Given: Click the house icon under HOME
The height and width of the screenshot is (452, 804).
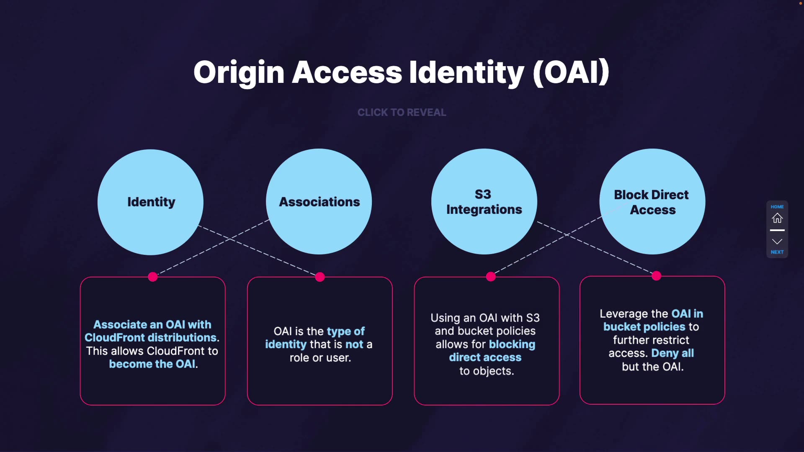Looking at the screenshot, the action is click(777, 218).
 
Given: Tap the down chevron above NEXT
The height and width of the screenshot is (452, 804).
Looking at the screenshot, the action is click(777, 241).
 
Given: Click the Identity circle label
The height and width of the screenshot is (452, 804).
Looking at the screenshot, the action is click(151, 202).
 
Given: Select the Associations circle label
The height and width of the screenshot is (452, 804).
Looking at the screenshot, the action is click(320, 202).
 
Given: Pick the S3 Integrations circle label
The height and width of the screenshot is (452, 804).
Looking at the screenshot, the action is click(484, 202).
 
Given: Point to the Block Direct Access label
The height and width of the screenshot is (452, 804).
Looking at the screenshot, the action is click(652, 202).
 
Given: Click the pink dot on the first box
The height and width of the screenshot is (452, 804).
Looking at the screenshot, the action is click(153, 277).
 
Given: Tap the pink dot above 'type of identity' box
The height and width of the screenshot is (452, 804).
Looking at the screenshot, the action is click(320, 277).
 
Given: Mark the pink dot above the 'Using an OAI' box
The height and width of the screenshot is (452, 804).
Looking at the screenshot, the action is click(491, 276).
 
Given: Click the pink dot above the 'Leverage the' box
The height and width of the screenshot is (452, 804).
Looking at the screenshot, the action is click(657, 275).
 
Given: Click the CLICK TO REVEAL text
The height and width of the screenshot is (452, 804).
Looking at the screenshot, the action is click(402, 112).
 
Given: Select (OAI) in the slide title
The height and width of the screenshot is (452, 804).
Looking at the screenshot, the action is click(571, 72).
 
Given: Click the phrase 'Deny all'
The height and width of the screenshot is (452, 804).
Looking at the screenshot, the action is click(673, 353).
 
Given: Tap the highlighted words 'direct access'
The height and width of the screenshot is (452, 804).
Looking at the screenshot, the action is click(485, 357).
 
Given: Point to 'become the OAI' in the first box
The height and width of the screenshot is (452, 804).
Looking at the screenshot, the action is click(152, 364).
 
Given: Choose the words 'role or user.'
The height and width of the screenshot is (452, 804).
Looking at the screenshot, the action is click(320, 358).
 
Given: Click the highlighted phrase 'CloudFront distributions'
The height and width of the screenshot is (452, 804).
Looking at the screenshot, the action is click(151, 338).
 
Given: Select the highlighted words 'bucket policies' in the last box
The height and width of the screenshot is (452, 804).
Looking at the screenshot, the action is click(644, 327).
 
